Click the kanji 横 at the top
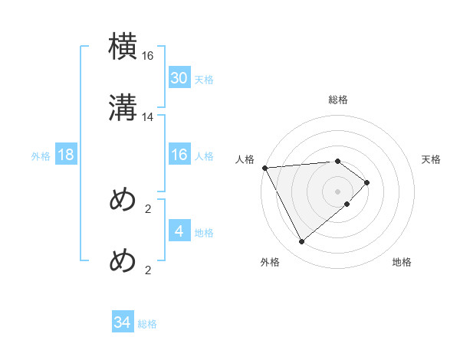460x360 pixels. click(x=123, y=47)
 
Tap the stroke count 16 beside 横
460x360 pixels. click(x=148, y=56)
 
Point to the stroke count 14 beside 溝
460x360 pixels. click(x=148, y=116)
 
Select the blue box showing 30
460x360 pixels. click(x=179, y=78)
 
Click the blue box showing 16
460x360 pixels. click(x=179, y=155)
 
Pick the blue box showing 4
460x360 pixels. click(x=179, y=231)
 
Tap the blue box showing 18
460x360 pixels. click(x=66, y=155)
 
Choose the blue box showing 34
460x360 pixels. click(x=123, y=322)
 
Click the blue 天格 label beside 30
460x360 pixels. click(x=204, y=80)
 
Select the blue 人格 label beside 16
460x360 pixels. click(x=204, y=156)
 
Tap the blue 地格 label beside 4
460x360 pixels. click(x=204, y=232)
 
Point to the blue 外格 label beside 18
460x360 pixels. click(x=41, y=156)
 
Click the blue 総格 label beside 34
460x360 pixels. click(x=147, y=324)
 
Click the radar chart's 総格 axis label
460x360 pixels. click(x=338, y=100)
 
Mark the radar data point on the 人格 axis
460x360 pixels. click(x=264, y=168)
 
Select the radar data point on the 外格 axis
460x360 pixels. click(x=301, y=242)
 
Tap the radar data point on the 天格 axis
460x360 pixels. click(x=368, y=182)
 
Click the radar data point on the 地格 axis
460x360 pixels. click(x=347, y=204)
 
